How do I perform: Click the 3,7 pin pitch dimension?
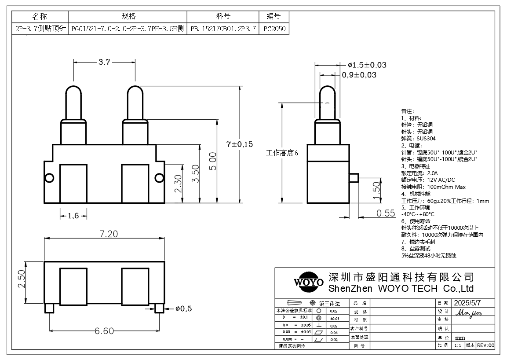tap(104, 62)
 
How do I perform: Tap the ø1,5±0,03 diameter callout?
tap(367, 65)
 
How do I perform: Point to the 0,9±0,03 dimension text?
tap(359, 75)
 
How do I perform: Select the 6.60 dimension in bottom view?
tap(104, 331)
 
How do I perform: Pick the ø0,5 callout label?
tap(184, 309)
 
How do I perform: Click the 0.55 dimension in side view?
tap(386, 213)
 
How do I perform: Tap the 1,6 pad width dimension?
tap(73, 215)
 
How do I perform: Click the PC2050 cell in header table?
tap(274, 29)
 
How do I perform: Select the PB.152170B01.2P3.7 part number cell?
tap(223, 29)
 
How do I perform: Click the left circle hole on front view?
tap(50, 178)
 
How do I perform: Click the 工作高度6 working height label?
tap(282, 153)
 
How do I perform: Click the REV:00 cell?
tap(485, 345)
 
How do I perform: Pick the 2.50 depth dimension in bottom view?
tap(22, 279)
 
